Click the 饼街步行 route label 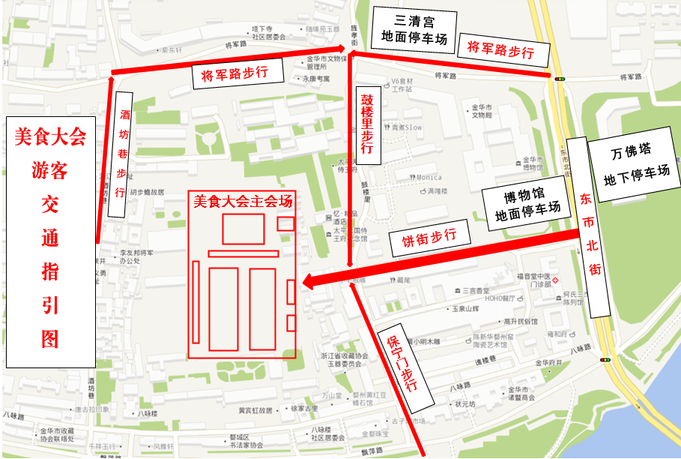tap(429, 240)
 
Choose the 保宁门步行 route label tap(405, 364)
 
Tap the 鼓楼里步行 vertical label tap(367, 124)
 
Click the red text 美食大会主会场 tap(241, 201)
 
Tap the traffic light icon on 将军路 tap(560, 77)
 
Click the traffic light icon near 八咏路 tap(605, 360)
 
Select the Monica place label tap(429, 178)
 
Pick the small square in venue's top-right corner tap(285, 223)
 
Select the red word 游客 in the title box tap(49, 172)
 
